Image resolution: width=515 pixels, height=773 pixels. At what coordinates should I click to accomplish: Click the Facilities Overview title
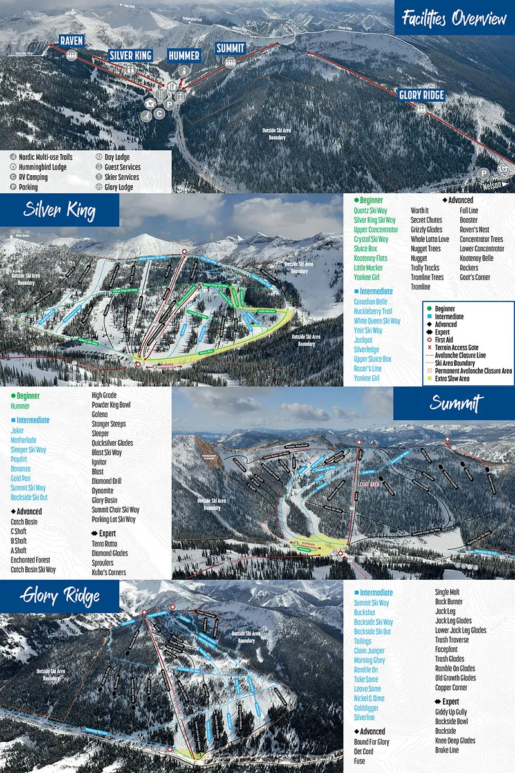454,19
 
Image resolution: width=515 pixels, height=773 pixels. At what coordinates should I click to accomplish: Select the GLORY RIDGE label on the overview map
421,95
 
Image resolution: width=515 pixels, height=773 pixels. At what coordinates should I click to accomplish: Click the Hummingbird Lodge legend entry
41,167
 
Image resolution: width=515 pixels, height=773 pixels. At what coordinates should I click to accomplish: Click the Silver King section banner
59,210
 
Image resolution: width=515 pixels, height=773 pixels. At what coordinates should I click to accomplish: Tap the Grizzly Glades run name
426,229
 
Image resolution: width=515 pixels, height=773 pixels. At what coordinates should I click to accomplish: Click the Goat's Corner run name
474,278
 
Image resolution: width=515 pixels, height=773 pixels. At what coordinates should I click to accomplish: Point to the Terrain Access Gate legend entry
467,347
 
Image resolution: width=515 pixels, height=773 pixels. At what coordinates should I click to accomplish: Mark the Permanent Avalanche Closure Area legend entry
473,371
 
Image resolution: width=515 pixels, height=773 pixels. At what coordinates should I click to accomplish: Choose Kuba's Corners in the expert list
109,572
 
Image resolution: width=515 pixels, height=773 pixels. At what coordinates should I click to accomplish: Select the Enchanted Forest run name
30,560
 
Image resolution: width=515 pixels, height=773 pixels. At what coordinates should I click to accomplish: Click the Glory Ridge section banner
60,596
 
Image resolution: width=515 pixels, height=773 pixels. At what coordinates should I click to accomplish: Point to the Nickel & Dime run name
369,698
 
